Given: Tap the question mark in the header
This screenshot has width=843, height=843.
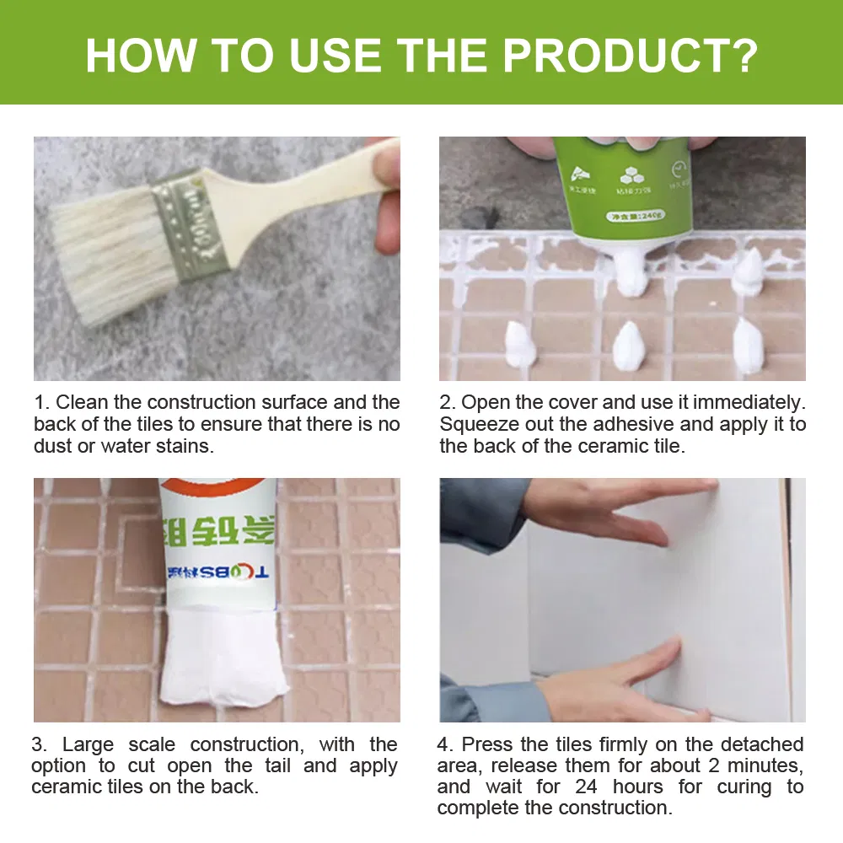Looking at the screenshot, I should (x=741, y=53).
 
